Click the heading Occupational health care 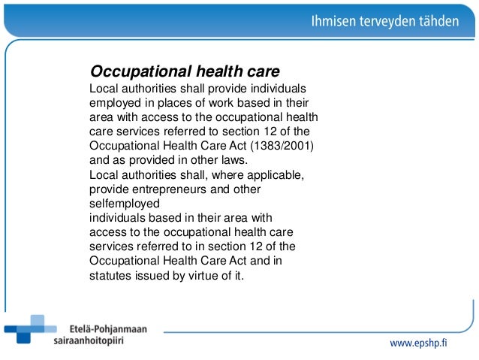[185, 71]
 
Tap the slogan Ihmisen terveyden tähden [384, 22]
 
